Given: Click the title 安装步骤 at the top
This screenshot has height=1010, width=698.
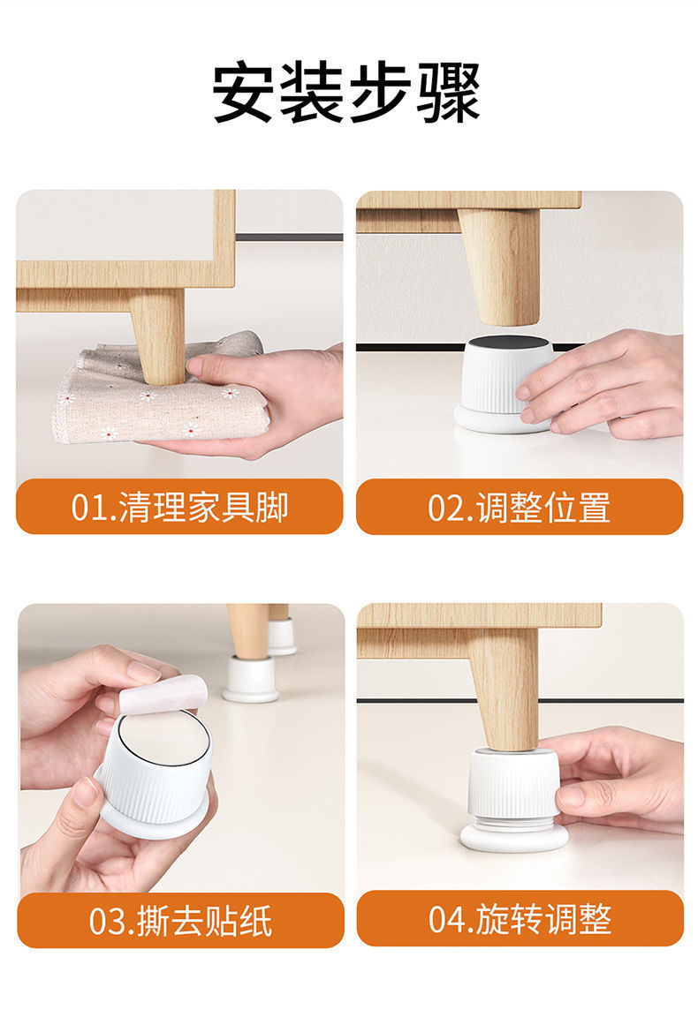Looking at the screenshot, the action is click(x=346, y=92).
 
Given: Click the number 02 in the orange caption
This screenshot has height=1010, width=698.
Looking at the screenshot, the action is click(x=443, y=508).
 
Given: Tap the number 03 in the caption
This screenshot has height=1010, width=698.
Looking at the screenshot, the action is click(x=103, y=921).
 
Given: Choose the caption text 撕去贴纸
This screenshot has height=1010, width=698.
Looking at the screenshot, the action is click(x=204, y=921).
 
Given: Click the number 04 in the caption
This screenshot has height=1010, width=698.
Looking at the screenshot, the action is click(x=444, y=919).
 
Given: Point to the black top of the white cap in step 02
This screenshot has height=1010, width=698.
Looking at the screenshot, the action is click(x=509, y=342).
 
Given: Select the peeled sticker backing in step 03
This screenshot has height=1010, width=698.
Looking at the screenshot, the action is click(x=164, y=695).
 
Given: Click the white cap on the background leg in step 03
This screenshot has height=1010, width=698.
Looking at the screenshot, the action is click(x=251, y=679).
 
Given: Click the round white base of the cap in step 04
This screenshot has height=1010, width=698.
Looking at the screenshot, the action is click(x=513, y=837).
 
